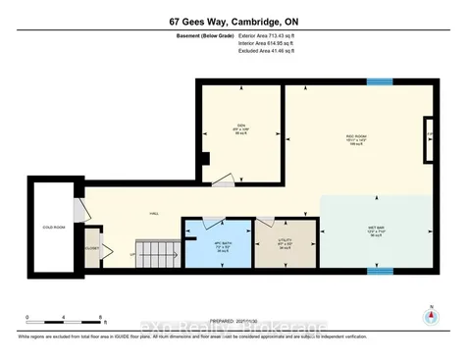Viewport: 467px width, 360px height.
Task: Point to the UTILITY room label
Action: [285, 238]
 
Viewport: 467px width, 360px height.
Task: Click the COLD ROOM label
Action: [53, 228]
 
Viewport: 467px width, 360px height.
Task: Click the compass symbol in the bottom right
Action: [428, 315]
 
